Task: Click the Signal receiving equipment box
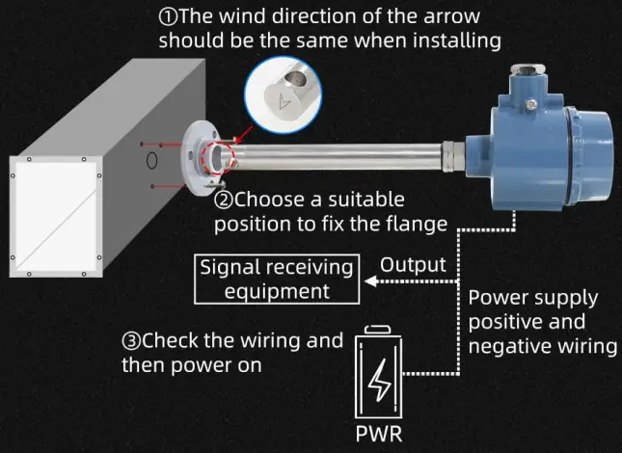coord(276,278)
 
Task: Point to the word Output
coord(413,265)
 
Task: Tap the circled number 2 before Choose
coord(223,200)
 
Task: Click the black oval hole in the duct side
coord(151,158)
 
